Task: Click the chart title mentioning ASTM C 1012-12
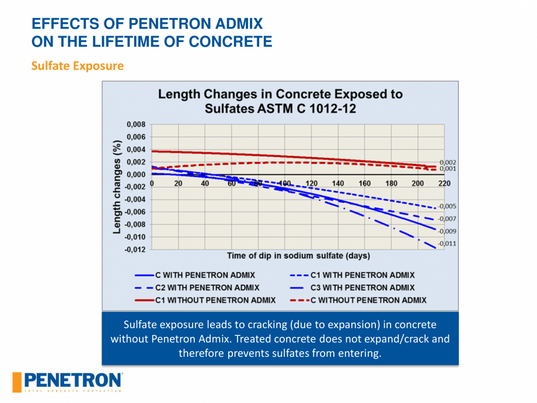[280, 101]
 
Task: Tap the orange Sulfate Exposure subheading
[77, 65]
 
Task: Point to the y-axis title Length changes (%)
[118, 187]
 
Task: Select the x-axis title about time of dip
[298, 255]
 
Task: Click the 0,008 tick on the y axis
[136, 124]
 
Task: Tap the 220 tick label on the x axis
[444, 183]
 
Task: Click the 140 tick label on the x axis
[338, 183]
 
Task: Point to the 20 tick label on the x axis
[179, 183]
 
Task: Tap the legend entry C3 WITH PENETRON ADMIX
[362, 287]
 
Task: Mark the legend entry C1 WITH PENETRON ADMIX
[362, 275]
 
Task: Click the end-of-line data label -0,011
[447, 244]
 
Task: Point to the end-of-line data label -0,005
[447, 206]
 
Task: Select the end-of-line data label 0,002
[448, 162]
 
